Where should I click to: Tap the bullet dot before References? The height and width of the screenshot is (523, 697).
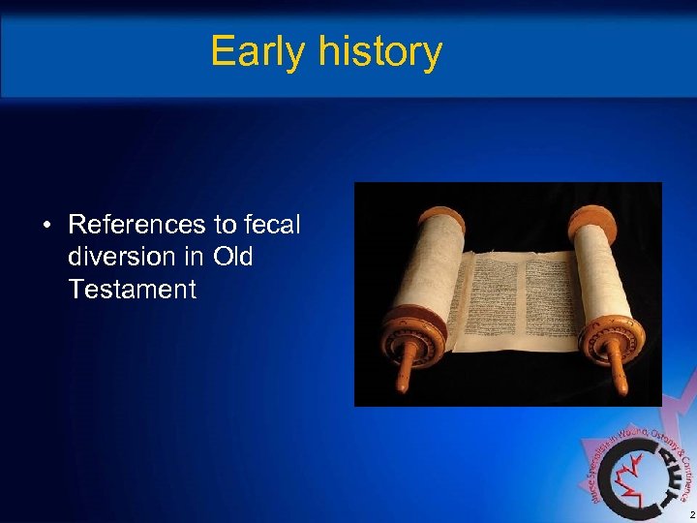(45, 227)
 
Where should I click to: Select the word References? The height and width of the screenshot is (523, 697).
(137, 226)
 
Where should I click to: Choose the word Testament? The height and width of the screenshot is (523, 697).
(133, 289)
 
